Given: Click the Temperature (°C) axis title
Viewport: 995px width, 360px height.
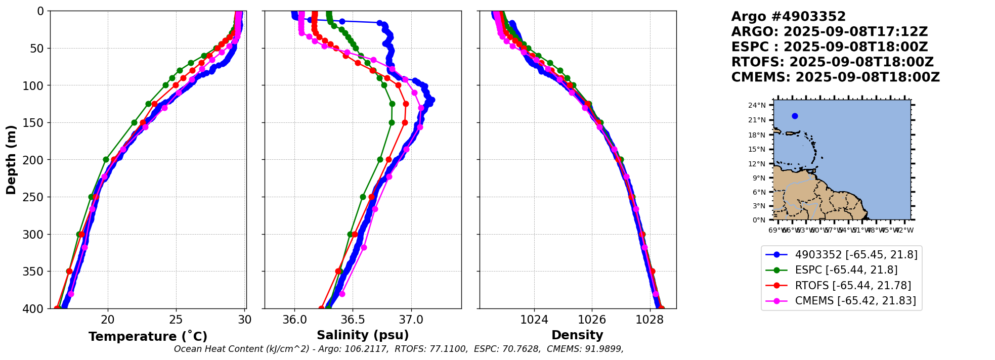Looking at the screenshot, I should coord(148,337).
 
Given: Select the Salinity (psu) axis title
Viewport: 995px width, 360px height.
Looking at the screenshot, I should coord(363,335).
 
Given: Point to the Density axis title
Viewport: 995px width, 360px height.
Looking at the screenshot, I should coord(577,335).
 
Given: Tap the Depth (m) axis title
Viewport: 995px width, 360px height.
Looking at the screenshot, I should coord(11,160).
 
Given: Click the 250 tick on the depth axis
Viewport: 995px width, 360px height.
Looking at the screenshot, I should coord(35,197).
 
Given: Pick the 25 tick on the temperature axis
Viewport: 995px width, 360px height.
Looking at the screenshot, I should coord(176,320).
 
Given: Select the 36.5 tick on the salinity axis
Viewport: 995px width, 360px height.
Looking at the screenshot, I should coord(353,320).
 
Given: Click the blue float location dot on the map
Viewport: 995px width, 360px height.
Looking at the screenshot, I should coord(795,116).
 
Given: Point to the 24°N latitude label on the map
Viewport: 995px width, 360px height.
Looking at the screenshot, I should coord(757,106).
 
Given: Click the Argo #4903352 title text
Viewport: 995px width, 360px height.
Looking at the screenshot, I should coord(788,17).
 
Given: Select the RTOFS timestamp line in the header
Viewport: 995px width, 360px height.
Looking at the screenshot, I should coord(832,62).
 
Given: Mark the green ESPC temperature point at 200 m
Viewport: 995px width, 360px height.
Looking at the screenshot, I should coord(106,160).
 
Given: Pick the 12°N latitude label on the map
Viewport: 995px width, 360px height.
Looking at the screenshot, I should coord(757,164).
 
